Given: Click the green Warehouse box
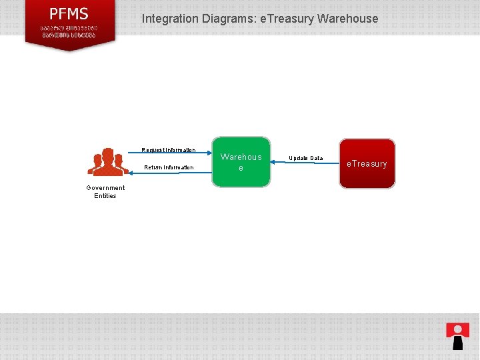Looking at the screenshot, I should tap(241, 163).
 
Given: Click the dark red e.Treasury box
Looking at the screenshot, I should tap(367, 163).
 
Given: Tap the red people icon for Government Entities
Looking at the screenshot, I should tap(107, 161).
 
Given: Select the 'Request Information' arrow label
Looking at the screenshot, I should tap(169, 150).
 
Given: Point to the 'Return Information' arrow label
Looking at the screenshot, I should tap(169, 167).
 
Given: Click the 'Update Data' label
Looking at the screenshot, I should tap(305, 158).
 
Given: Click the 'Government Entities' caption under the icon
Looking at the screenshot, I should tap(105, 192).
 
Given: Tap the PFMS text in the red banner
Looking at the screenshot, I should tap(69, 14).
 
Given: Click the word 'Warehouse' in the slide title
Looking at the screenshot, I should tap(348, 19).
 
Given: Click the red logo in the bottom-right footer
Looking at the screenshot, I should tap(457, 335).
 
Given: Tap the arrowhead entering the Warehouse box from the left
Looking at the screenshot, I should tap(209, 153).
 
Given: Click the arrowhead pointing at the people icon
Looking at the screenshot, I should tap(131, 161).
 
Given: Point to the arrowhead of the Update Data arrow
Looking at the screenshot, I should tap(273, 162).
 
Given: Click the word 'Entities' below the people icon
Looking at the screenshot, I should tap(105, 196).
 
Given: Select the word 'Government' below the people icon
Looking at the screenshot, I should tap(105, 188).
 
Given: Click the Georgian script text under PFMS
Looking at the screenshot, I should tap(69, 31).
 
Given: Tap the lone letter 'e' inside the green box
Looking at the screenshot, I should tap(241, 168).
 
